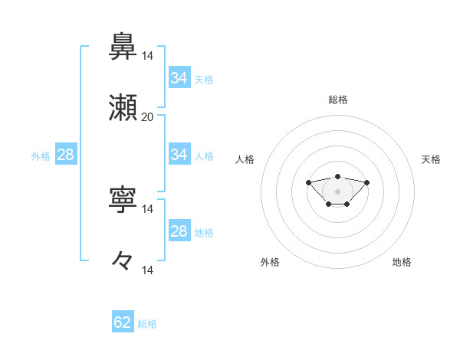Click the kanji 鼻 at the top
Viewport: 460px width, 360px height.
[x=123, y=48]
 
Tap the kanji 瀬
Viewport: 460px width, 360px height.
[x=123, y=110]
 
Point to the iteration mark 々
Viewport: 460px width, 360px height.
[x=123, y=261]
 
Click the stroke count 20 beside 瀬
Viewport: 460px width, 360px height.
[x=147, y=117]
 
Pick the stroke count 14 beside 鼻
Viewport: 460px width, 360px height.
[x=147, y=56]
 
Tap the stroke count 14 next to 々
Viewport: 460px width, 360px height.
[x=147, y=270]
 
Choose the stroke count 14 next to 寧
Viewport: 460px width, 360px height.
[x=147, y=208]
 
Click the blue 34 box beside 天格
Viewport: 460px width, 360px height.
[x=179, y=78]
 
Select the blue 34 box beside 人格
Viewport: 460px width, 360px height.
[x=179, y=155]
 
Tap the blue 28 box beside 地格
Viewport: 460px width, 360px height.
[x=179, y=231]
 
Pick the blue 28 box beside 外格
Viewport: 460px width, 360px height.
[x=65, y=155]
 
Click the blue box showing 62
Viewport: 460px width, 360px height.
[x=123, y=322]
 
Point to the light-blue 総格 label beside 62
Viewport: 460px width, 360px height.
[x=147, y=324]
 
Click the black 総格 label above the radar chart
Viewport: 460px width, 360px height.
[x=338, y=100]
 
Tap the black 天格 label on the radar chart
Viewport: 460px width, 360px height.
[x=432, y=159]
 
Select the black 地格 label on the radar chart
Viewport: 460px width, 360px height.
[x=402, y=262]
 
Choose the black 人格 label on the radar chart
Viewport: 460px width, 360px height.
[x=245, y=159]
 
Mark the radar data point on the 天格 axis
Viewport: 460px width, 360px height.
[x=366, y=182]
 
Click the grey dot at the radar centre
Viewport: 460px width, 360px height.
[x=338, y=191]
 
